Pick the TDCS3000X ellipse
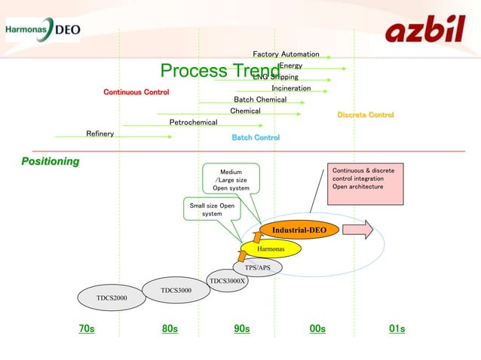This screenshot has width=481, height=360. (228, 280)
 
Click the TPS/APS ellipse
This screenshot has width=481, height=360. (257, 267)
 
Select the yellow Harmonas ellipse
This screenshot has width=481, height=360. (271, 248)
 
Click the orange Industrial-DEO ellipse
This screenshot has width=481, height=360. (299, 230)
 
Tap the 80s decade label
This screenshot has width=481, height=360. (170, 329)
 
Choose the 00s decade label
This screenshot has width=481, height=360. (317, 329)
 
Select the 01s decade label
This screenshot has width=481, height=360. (397, 329)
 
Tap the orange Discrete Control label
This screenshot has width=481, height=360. (366, 114)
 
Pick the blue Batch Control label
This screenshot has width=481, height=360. (256, 138)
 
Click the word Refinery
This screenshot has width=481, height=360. (100, 133)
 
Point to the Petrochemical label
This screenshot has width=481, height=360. (193, 122)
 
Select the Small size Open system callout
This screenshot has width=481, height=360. (212, 209)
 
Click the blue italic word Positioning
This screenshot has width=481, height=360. (50, 161)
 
